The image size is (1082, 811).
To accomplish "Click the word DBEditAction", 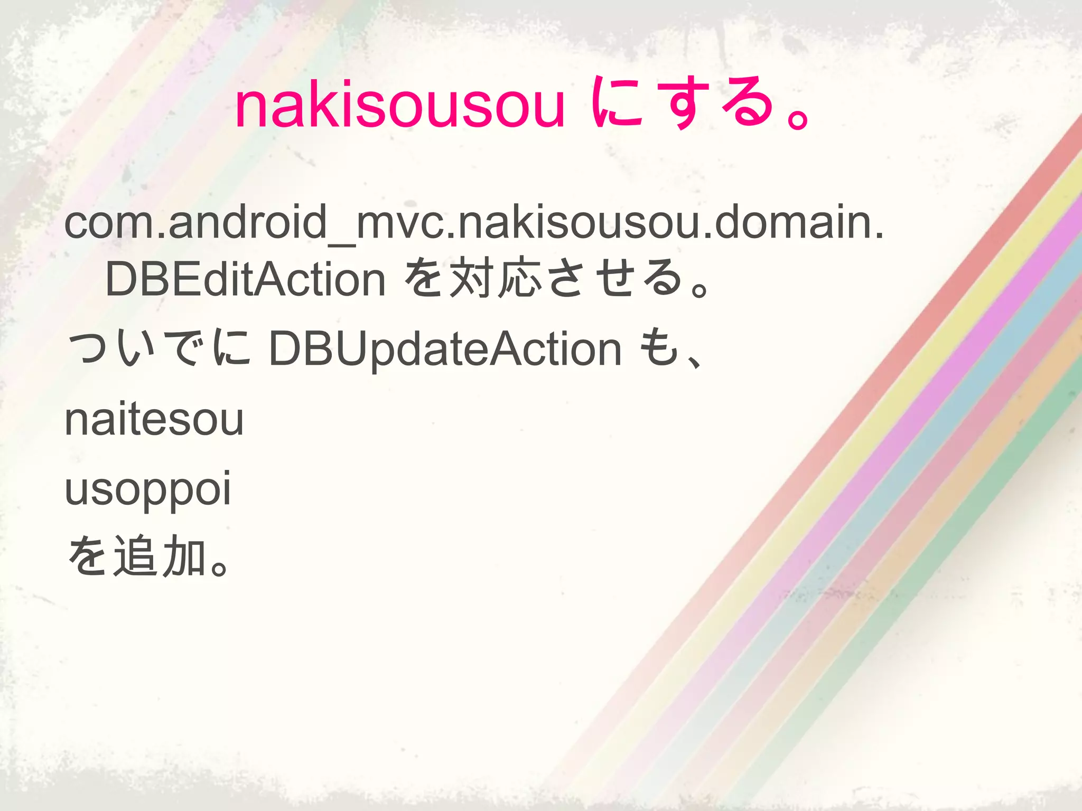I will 245,279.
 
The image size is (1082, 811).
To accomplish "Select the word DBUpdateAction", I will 445,349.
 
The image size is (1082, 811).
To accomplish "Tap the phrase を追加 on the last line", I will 136,557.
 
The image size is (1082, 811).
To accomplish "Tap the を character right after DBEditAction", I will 423,278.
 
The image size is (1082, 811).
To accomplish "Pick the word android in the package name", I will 248,222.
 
